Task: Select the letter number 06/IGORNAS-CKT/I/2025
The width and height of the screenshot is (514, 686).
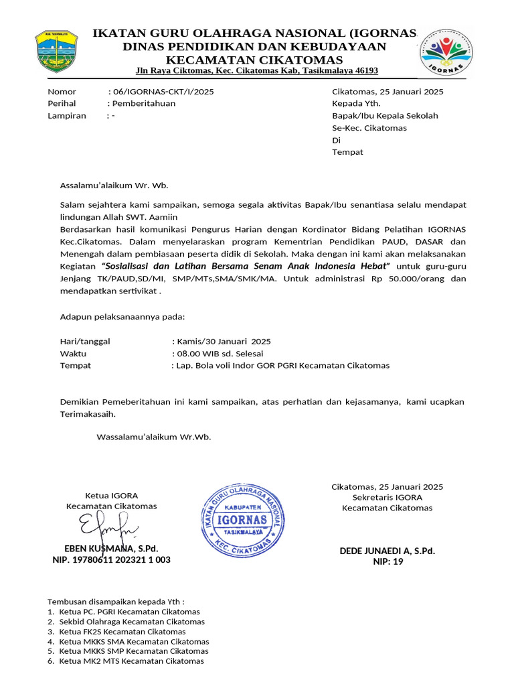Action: click(x=164, y=92)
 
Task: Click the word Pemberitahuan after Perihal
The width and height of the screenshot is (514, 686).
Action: click(x=144, y=104)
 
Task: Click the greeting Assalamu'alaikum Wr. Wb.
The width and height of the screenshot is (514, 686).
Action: click(x=114, y=186)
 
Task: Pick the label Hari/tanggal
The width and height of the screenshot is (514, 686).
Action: click(x=85, y=342)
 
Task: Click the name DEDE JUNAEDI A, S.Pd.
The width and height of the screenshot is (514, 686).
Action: click(x=387, y=551)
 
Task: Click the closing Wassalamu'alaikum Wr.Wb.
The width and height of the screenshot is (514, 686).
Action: click(x=154, y=437)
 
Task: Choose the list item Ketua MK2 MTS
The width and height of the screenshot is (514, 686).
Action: click(x=131, y=661)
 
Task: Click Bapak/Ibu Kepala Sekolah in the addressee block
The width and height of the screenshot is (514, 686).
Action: click(x=385, y=116)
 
